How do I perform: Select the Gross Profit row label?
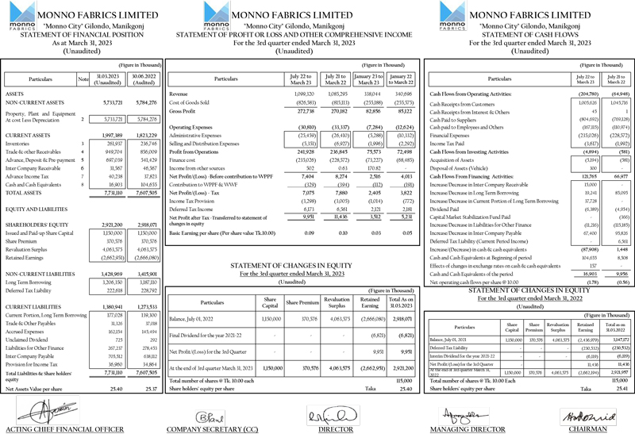coord(185,111)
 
